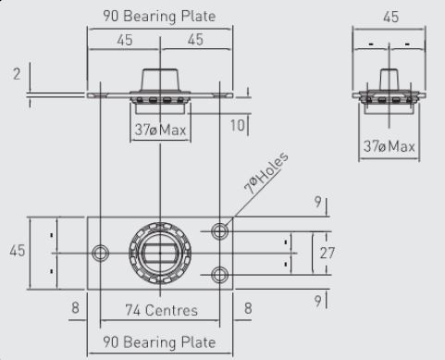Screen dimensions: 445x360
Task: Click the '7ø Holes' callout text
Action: coord(266,173)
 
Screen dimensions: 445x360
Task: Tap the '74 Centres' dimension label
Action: coord(161,310)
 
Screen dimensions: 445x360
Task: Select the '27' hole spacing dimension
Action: coord(327,253)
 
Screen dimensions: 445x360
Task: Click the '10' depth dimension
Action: coord(238,125)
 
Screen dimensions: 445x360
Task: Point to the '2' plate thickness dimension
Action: coord(17,74)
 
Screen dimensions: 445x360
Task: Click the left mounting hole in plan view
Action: coord(100,253)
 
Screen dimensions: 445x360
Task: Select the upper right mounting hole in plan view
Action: coord(220,230)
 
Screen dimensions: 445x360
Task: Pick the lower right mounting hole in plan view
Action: coord(220,275)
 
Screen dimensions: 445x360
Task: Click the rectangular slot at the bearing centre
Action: coord(160,253)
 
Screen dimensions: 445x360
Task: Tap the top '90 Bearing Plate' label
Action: coord(159,16)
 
